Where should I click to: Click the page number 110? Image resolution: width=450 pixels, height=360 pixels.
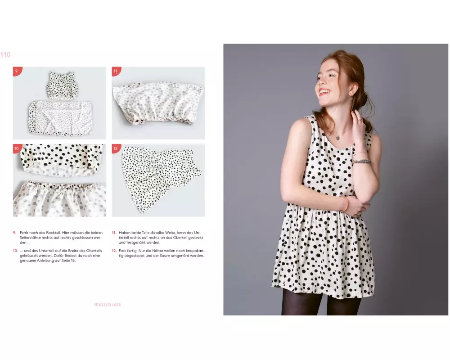5,54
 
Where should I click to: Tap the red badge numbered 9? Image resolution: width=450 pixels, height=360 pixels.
17,71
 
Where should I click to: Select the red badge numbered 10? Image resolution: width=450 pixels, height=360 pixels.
17,148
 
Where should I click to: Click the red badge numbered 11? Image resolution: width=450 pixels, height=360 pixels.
116,71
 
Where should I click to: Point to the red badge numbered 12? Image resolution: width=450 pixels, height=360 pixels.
116,148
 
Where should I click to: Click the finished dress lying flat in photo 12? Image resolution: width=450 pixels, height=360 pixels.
161,178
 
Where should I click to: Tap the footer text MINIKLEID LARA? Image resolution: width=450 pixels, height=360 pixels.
108,305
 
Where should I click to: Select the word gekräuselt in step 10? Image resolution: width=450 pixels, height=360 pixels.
29,256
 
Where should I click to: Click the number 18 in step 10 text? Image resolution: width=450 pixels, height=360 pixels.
73,261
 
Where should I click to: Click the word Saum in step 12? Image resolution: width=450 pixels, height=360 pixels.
167,256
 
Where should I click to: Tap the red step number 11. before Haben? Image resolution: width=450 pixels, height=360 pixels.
114,233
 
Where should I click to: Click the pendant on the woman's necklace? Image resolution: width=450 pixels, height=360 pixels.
338,138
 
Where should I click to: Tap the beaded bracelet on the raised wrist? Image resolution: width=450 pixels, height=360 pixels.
361,162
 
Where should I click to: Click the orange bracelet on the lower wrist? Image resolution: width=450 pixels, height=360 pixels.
346,204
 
